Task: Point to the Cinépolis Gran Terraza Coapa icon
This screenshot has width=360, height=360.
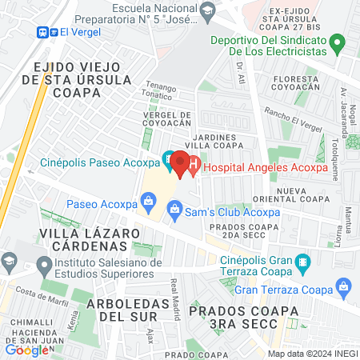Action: point(302,262)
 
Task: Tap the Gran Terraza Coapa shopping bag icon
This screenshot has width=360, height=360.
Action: point(345,286)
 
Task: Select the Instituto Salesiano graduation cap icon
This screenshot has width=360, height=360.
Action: point(9,262)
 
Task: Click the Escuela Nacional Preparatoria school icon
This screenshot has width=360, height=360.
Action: point(208,10)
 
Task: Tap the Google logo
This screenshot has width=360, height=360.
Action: point(26,350)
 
